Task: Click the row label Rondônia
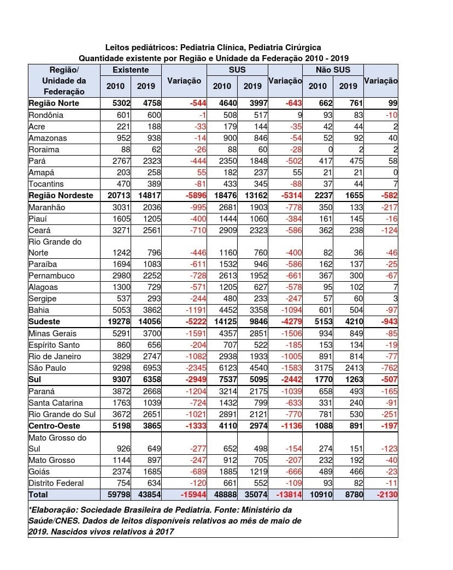point(46,115)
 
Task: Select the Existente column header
point(131,70)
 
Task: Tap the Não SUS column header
point(333,70)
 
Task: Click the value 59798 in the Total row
point(115,495)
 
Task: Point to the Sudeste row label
point(44,322)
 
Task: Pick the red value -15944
point(191,495)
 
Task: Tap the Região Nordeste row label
point(61,195)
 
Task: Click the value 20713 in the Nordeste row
point(115,195)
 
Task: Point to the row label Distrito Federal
point(56,483)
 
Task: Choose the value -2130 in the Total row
point(386,495)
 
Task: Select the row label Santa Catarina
point(56,403)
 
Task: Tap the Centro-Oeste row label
point(55,426)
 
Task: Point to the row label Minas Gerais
point(52,334)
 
